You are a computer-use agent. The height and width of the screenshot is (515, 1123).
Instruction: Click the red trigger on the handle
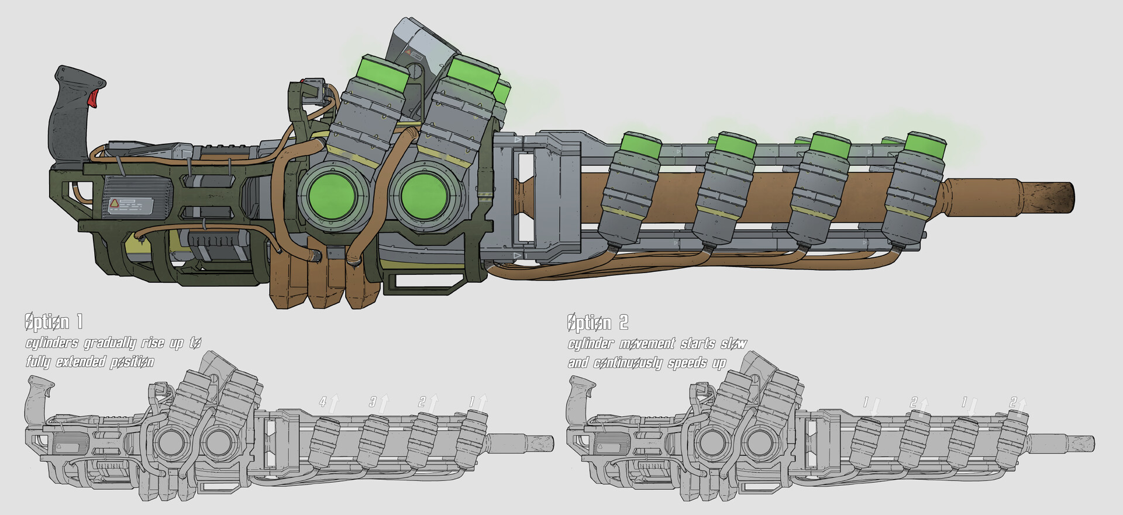[x=94, y=98]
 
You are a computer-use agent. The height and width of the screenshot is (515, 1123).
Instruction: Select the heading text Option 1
[x=54, y=322]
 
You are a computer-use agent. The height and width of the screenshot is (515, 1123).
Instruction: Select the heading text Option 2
[x=597, y=322]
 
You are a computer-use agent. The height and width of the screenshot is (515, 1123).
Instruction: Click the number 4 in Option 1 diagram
[x=322, y=402]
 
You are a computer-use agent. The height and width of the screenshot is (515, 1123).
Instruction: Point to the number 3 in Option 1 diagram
[x=373, y=402]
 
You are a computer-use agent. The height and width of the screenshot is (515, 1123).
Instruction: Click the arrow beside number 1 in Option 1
[x=483, y=402]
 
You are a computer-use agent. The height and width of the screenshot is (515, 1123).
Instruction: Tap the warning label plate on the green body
[x=130, y=205]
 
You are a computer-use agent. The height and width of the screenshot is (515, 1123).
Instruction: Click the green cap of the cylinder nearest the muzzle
[x=925, y=147]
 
